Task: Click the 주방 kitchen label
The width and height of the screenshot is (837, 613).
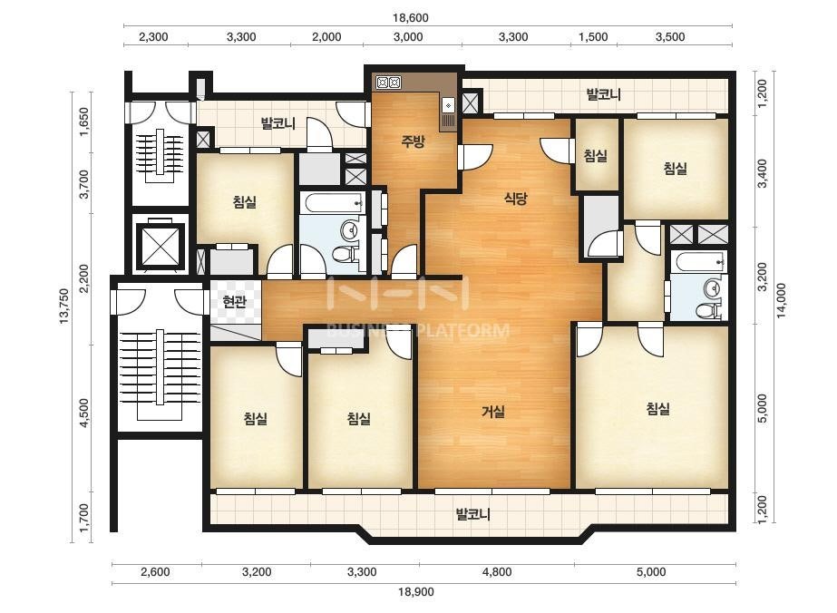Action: tap(414, 141)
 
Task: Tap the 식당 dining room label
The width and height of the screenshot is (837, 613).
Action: tap(516, 199)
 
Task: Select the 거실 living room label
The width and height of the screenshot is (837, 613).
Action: tap(493, 412)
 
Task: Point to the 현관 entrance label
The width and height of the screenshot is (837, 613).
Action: tap(235, 302)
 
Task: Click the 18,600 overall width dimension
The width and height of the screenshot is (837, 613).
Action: tap(411, 17)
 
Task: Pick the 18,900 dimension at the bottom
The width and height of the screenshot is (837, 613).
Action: tap(416, 591)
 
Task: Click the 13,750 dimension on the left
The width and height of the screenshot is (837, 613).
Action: tap(64, 306)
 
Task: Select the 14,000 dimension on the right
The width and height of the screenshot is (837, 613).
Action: tap(782, 299)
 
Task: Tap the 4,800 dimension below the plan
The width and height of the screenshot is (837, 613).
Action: tap(497, 572)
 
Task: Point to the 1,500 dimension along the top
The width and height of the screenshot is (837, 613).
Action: tap(594, 37)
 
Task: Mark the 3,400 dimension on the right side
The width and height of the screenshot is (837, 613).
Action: tap(763, 173)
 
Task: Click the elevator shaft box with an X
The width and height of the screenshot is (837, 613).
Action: tap(161, 245)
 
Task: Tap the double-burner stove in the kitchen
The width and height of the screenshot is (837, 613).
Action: tap(388, 83)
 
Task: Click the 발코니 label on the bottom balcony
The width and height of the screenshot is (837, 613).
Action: tap(472, 514)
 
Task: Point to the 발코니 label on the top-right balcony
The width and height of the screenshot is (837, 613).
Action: tap(603, 95)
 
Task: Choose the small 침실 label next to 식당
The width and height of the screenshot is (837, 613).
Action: tap(595, 156)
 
